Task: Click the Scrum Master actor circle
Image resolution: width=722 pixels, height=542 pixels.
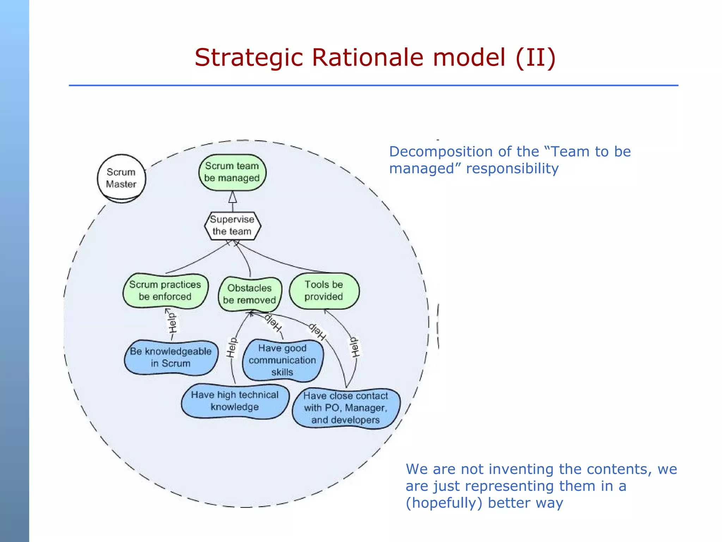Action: pyautogui.click(x=121, y=178)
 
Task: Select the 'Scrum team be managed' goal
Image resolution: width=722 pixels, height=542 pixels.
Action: pyautogui.click(x=232, y=172)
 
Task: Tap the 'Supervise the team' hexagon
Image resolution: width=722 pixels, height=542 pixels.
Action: pyautogui.click(x=232, y=225)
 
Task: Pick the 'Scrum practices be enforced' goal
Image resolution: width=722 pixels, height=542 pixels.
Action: pyautogui.click(x=165, y=290)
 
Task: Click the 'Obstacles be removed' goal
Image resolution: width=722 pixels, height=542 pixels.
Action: pyautogui.click(x=250, y=294)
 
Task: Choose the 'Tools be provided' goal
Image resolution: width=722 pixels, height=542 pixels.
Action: pyautogui.click(x=324, y=291)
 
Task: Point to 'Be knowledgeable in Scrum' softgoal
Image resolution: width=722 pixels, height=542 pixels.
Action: pyautogui.click(x=171, y=357)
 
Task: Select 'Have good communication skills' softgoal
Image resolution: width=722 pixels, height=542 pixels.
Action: pyautogui.click(x=282, y=360)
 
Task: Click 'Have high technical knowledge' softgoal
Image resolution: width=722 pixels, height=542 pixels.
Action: pyautogui.click(x=235, y=401)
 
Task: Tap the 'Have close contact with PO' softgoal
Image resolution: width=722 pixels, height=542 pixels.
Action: pyautogui.click(x=345, y=408)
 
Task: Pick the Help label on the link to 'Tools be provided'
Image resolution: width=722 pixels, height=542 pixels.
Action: pyautogui.click(x=355, y=347)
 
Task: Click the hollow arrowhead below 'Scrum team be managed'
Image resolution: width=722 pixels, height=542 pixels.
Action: pyautogui.click(x=232, y=197)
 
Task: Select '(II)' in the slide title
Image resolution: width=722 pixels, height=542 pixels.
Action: pyautogui.click(x=535, y=58)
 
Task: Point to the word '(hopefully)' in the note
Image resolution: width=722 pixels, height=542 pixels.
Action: pyautogui.click(x=443, y=503)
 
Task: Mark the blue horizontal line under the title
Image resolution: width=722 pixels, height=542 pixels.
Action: pyautogui.click(x=374, y=85)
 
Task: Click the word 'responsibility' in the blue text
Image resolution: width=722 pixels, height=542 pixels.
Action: pyautogui.click(x=512, y=169)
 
